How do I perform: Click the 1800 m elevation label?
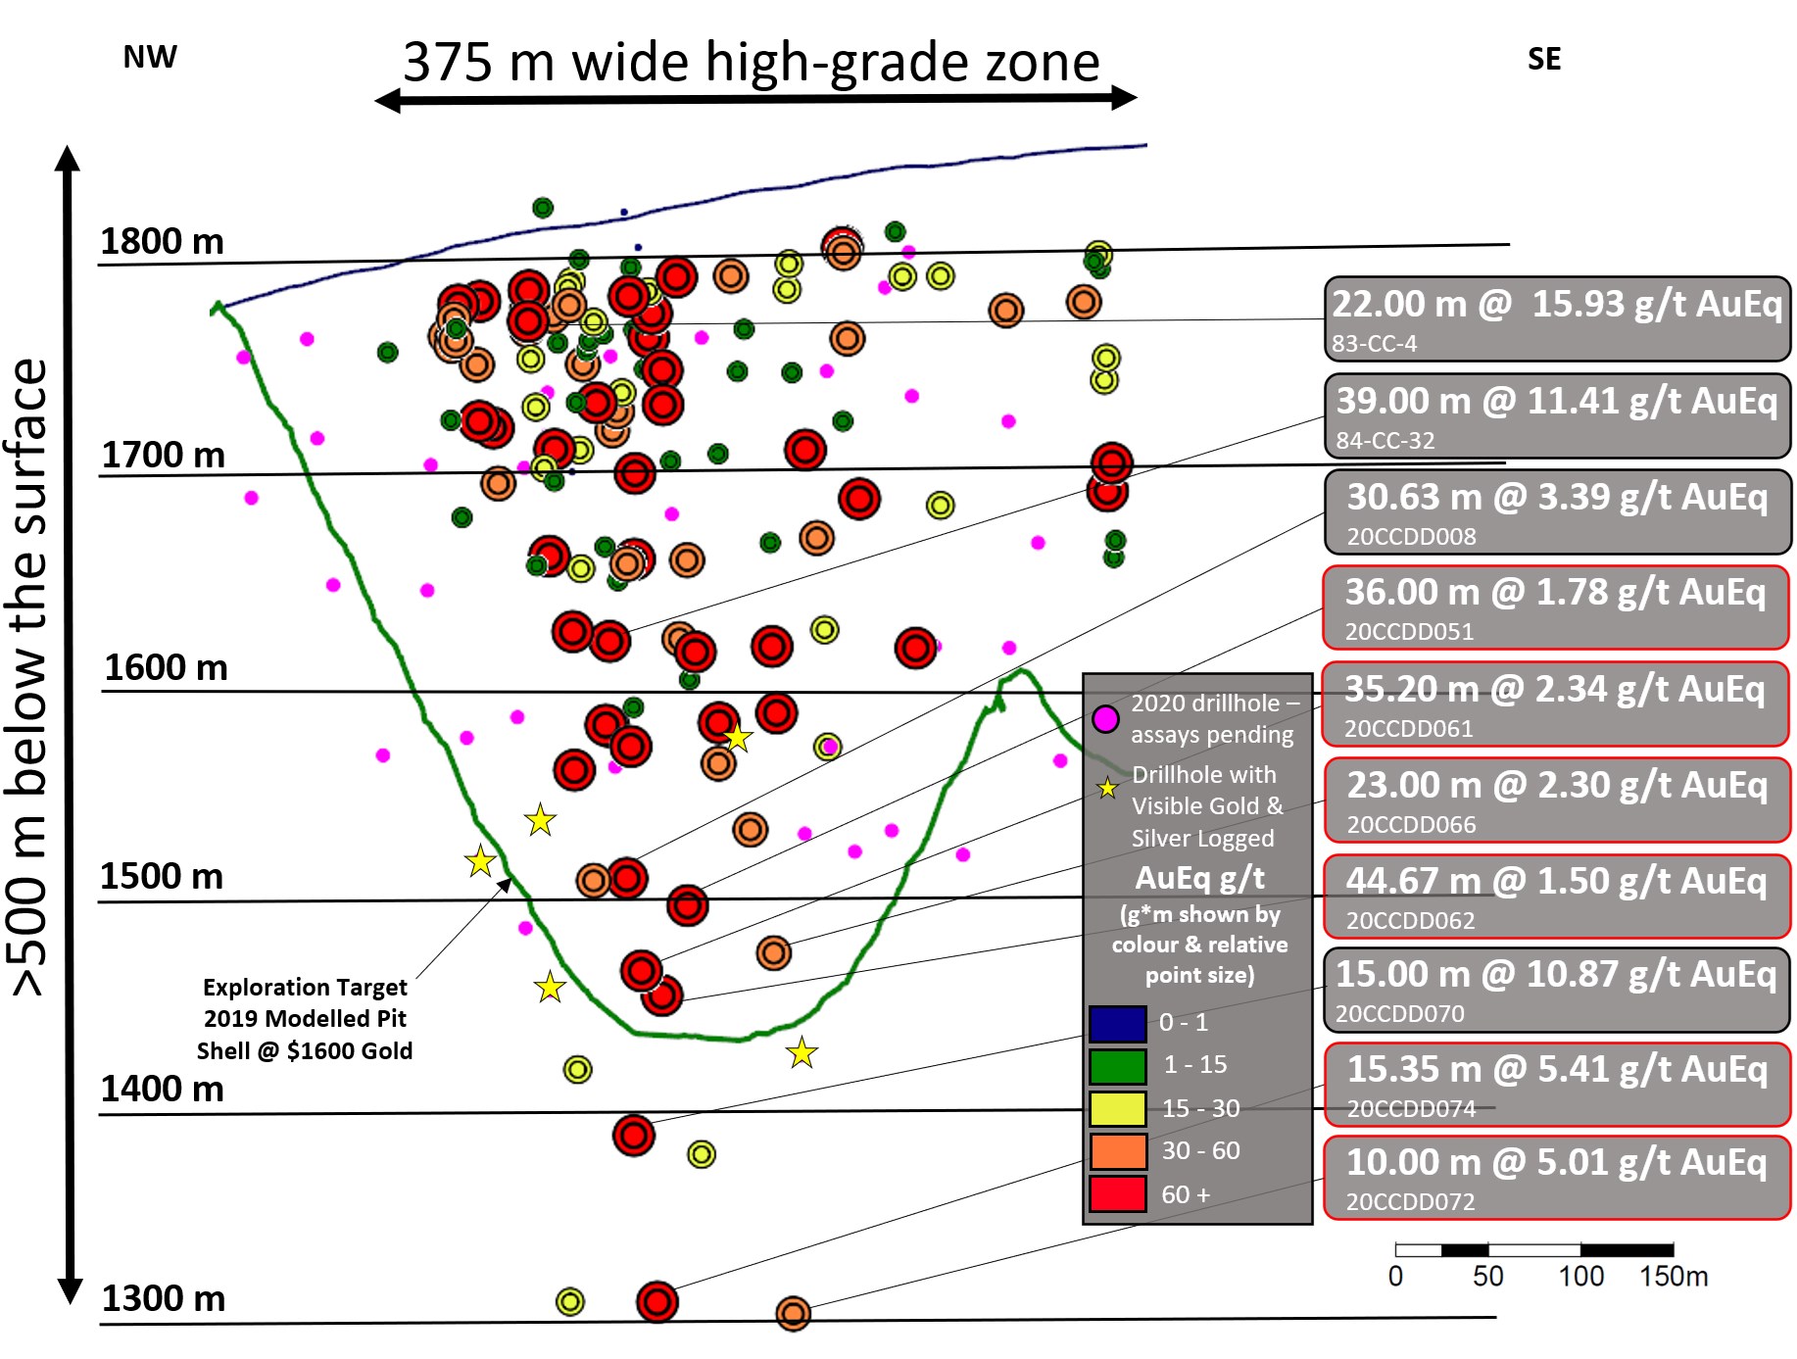[x=162, y=241]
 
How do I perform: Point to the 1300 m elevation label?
[x=163, y=1298]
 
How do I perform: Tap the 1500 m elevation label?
[x=162, y=876]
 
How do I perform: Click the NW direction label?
[x=150, y=58]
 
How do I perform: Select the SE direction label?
[x=1543, y=60]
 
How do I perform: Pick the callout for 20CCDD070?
[x=1556, y=990]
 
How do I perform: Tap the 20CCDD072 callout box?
[x=1556, y=1178]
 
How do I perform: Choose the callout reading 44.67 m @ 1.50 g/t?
[x=1556, y=897]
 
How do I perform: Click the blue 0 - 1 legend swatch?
[x=1117, y=1023]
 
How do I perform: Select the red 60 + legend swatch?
[x=1117, y=1193]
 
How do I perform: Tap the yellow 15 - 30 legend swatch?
[x=1117, y=1108]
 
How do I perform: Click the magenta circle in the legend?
[x=1105, y=719]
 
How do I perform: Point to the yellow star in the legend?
[x=1107, y=788]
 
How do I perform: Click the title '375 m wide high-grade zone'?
[x=752, y=63]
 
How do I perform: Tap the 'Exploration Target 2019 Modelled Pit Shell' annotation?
[x=305, y=1019]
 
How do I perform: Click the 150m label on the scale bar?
[x=1674, y=1276]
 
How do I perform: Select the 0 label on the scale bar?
[x=1395, y=1276]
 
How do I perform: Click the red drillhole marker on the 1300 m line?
[x=656, y=1301]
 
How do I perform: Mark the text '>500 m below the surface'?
[x=29, y=676]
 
